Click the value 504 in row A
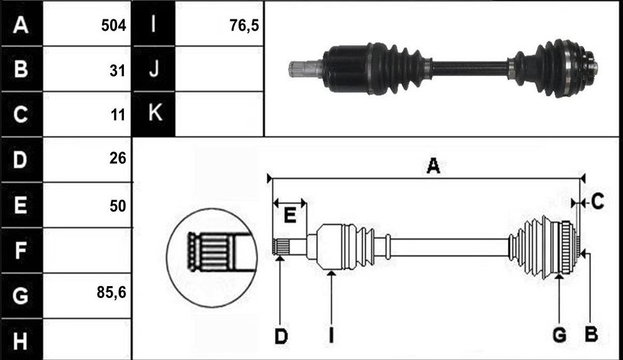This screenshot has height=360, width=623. click(113, 26)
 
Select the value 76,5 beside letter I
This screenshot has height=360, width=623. click(244, 26)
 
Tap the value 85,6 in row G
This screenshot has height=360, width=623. click(111, 292)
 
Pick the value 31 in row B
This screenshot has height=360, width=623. click(118, 71)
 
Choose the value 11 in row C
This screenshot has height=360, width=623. click(118, 115)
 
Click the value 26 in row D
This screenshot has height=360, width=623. click(118, 158)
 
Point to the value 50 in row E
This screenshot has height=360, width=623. click(118, 206)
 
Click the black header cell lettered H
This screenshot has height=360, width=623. click(21, 340)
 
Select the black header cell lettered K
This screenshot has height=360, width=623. click(153, 114)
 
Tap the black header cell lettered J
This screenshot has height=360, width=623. click(153, 69)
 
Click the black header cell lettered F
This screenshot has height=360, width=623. click(21, 250)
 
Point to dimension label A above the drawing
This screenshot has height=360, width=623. click(433, 166)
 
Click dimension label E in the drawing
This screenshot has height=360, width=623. click(290, 216)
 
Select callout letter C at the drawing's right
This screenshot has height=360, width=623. click(597, 202)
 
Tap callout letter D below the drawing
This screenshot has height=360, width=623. click(281, 337)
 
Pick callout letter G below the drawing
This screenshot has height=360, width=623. click(559, 336)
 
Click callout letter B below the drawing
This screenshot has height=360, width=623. click(591, 334)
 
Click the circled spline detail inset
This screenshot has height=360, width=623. click(212, 258)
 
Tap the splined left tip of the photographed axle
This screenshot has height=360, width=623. click(297, 69)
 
